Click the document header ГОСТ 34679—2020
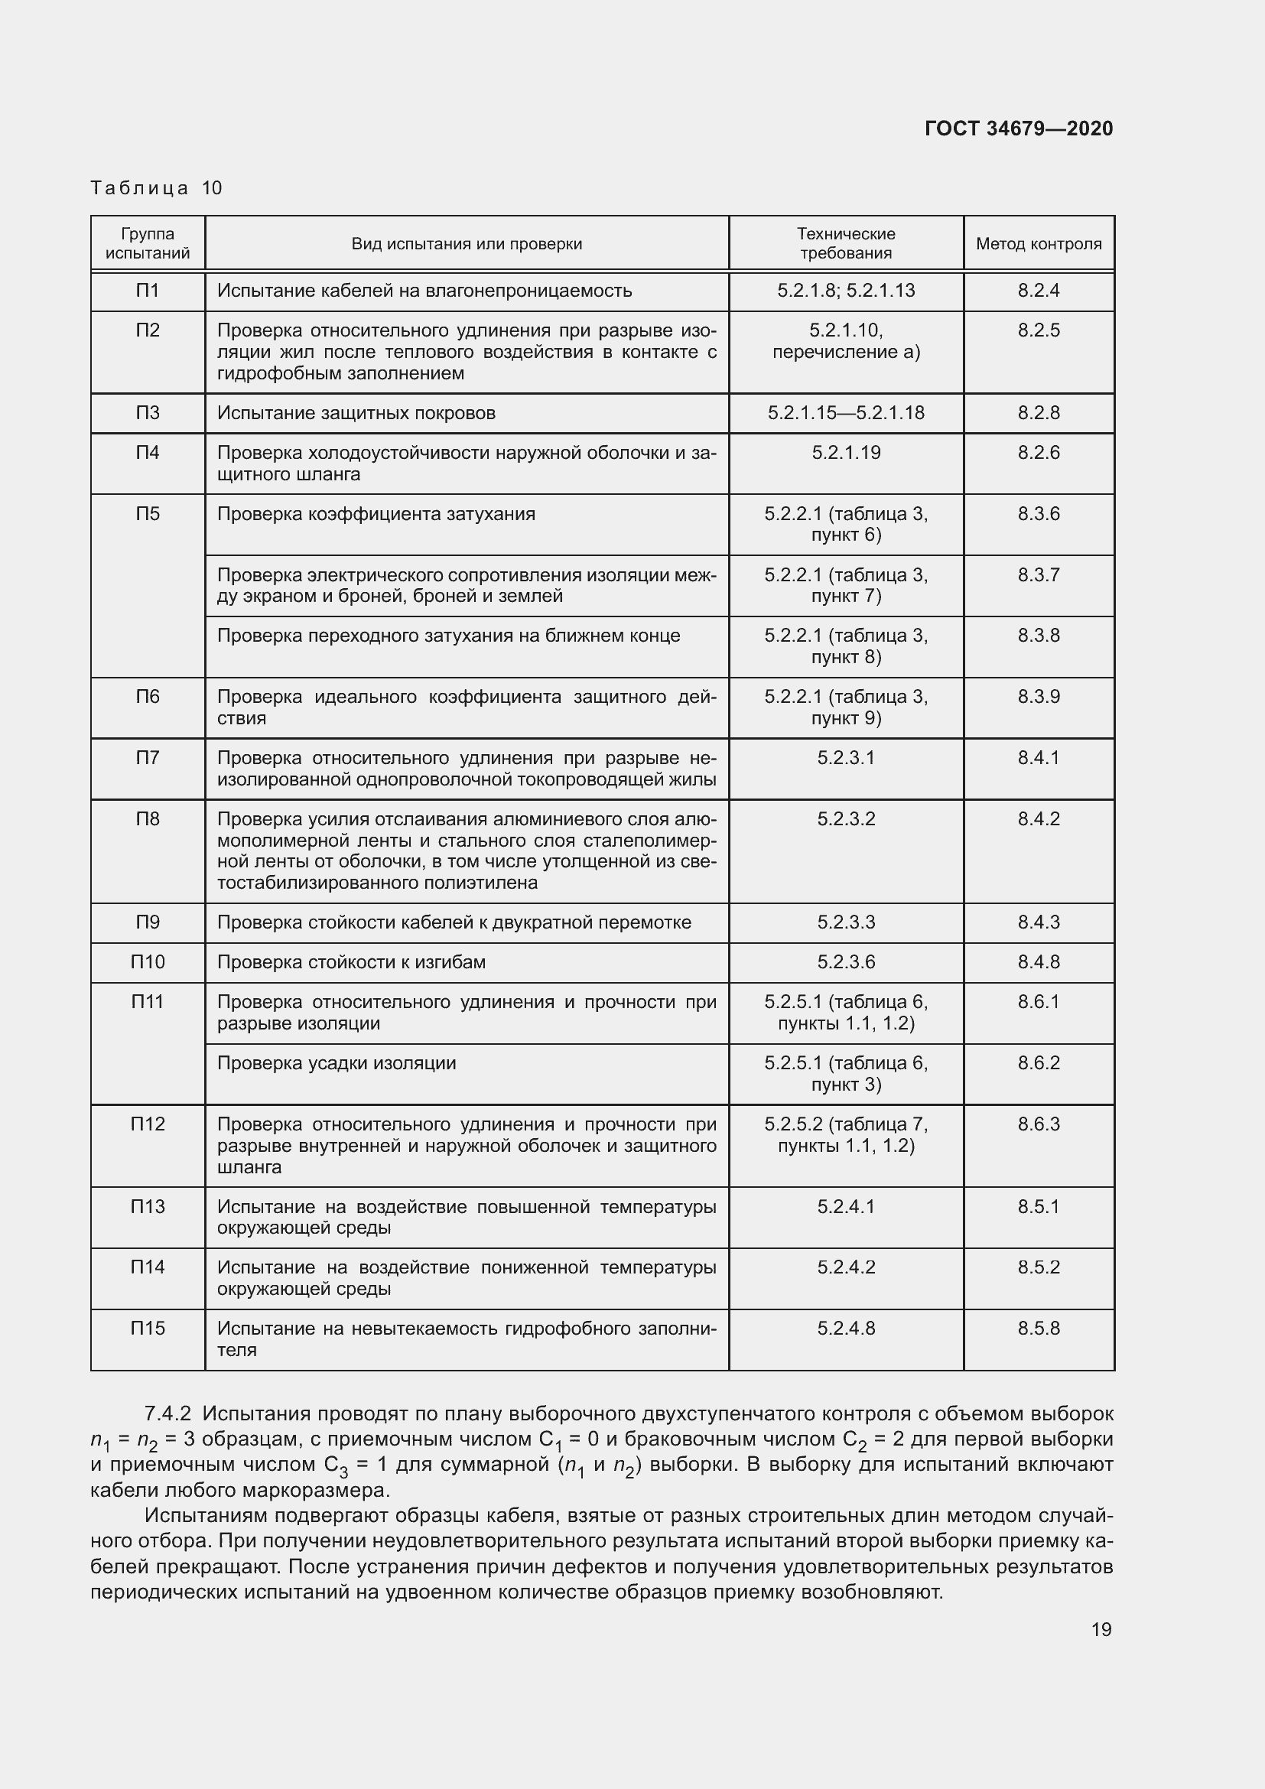click(x=1019, y=128)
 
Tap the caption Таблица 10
click(x=157, y=188)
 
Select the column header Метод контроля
click(x=1039, y=244)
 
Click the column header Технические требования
click(x=846, y=243)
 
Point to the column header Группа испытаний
click(x=148, y=243)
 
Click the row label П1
click(x=148, y=291)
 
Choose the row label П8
click(x=148, y=819)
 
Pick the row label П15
click(x=148, y=1328)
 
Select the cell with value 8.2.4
click(x=1039, y=291)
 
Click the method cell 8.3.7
click(x=1039, y=575)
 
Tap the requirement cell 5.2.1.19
click(x=846, y=453)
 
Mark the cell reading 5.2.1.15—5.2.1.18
click(x=846, y=413)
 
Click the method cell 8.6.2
click(x=1039, y=1063)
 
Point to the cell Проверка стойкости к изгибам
click(x=351, y=962)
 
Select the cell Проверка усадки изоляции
click(x=337, y=1063)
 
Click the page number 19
click(x=1101, y=1629)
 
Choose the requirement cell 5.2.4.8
click(x=846, y=1328)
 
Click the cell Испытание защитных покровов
click(x=356, y=413)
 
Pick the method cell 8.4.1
click(x=1039, y=757)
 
